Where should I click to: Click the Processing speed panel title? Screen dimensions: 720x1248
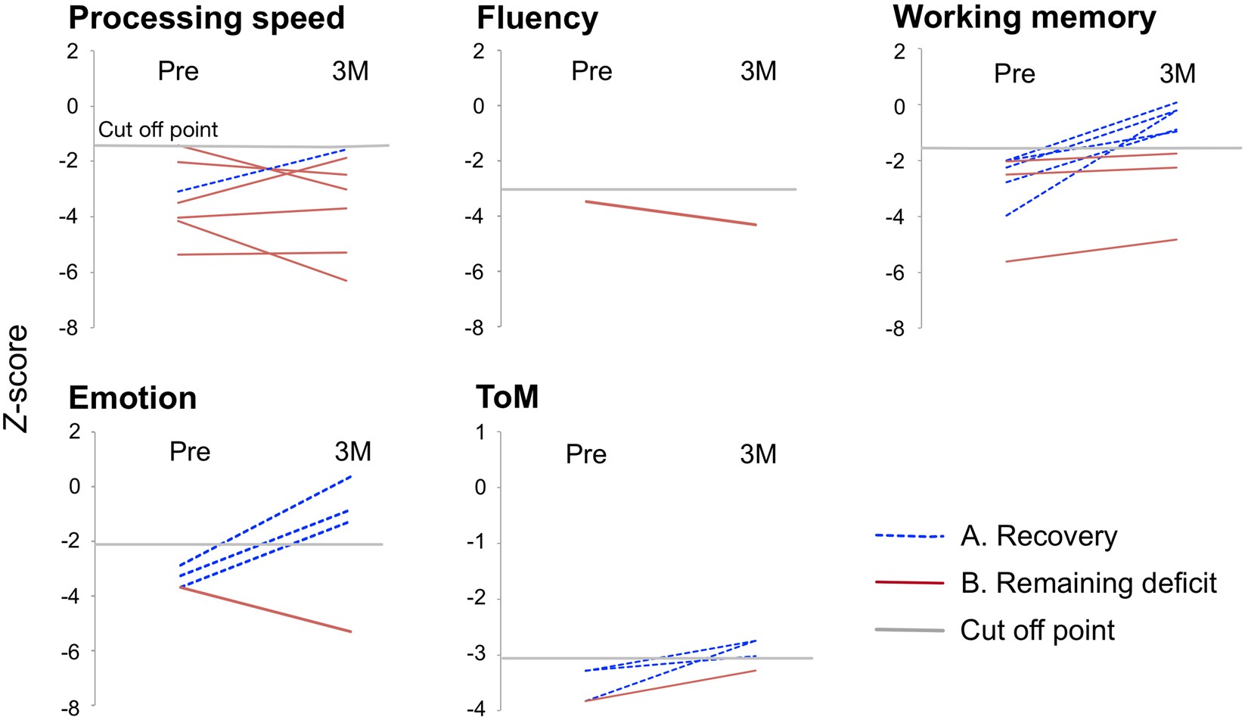pos(206,18)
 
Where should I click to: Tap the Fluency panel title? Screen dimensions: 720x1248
pos(537,18)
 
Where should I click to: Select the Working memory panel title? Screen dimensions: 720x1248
pos(1024,18)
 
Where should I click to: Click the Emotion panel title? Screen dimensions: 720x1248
pos(132,398)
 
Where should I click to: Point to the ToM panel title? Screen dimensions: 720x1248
pos(508,397)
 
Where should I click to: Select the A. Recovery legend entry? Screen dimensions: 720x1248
pos(1038,536)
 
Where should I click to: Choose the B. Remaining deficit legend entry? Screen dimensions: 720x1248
pos(1088,583)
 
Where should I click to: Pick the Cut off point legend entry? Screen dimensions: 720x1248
pos(1037,630)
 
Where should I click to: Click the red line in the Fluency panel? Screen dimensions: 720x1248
pos(671,213)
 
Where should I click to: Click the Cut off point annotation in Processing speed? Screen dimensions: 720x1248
pos(158,129)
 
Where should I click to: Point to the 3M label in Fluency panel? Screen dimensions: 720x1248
pos(759,71)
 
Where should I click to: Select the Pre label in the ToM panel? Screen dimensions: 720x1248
pos(586,454)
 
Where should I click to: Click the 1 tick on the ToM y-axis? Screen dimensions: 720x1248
pos(480,432)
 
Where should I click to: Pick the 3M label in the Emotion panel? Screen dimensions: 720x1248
pos(353,452)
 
